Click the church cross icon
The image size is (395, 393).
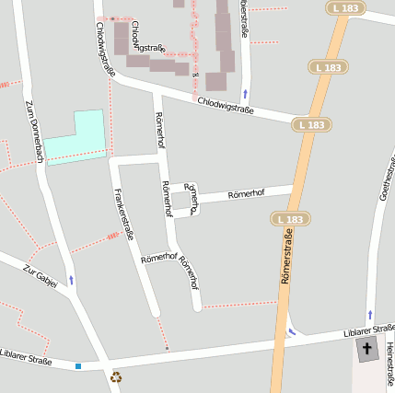pyautogui.click(x=366, y=349)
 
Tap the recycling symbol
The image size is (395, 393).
pyautogui.click(x=116, y=376)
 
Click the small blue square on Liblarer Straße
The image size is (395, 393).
pyautogui.click(x=78, y=366)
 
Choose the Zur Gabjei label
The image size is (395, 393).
pyautogui.click(x=41, y=276)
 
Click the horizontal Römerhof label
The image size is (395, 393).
pyautogui.click(x=246, y=194)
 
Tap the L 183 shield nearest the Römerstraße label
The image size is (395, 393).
pyautogui.click(x=289, y=219)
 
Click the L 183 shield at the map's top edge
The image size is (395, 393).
pyautogui.click(x=345, y=8)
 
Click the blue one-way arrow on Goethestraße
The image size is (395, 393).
pyautogui.click(x=370, y=316)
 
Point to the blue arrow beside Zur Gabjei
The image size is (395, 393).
pyautogui.click(x=71, y=280)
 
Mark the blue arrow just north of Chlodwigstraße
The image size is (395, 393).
pyautogui.click(x=245, y=94)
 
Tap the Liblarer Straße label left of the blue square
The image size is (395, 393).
pyautogui.click(x=26, y=356)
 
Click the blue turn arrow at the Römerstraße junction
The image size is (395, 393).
pyautogui.click(x=293, y=331)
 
